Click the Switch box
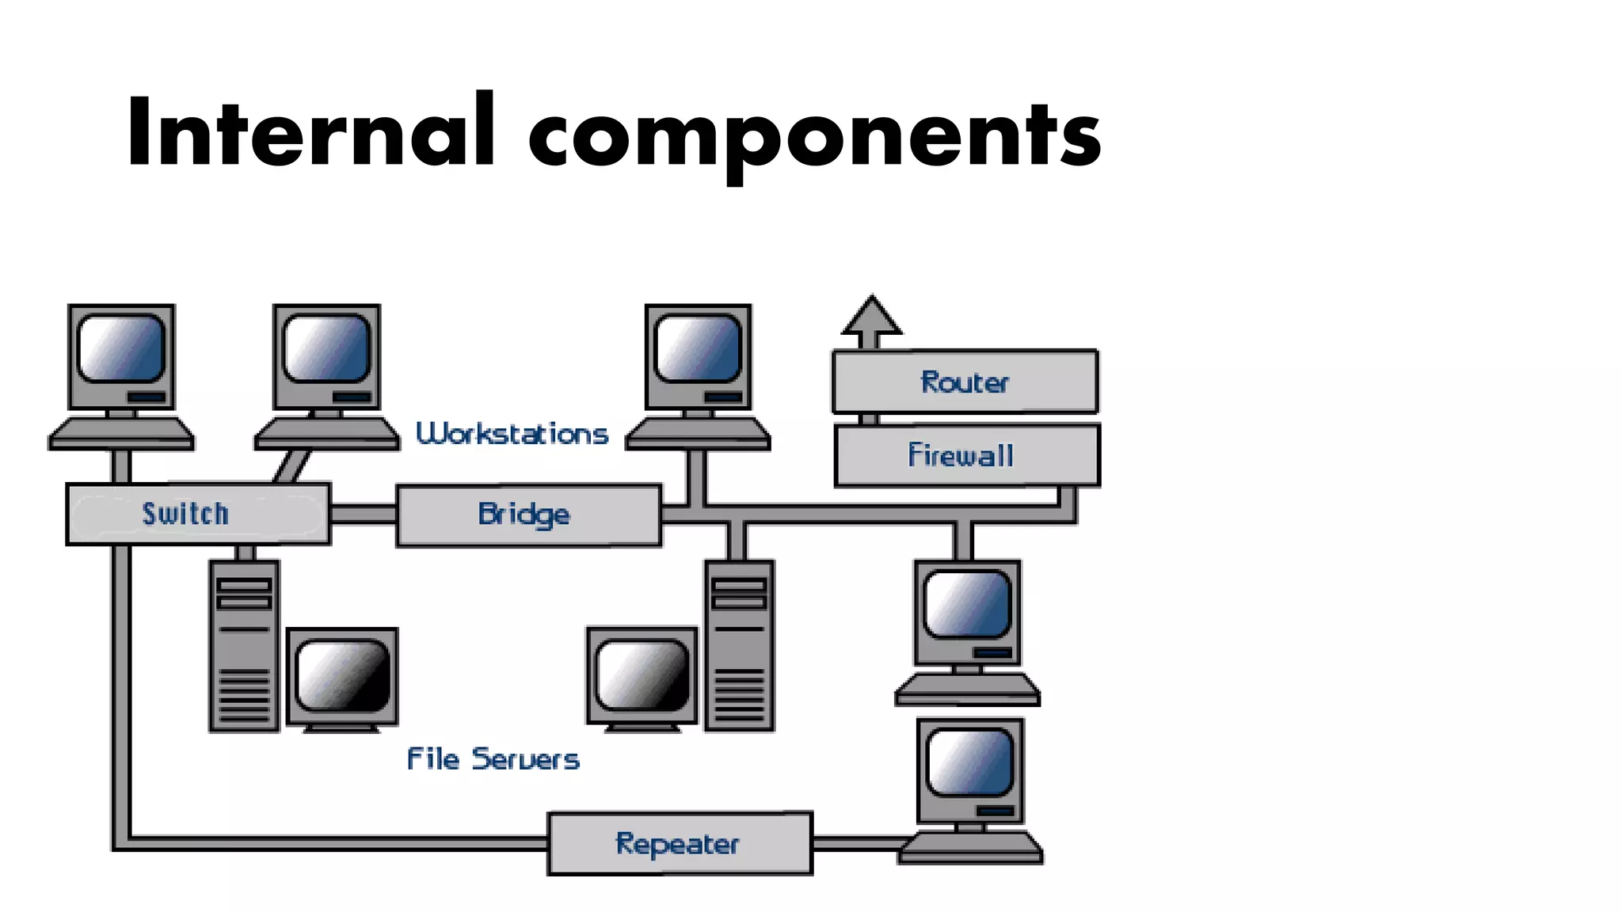pos(198,514)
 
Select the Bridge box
pos(528,515)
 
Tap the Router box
pos(965,382)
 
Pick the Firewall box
pos(966,455)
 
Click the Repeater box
pos(680,843)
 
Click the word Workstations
pos(512,434)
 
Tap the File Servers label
pos(493,758)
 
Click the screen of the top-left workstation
pos(121,348)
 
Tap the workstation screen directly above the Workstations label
pos(327,348)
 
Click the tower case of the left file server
pos(244,645)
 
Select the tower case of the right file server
pos(739,645)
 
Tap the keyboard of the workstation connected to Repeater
pos(970,848)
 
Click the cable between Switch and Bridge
pos(363,515)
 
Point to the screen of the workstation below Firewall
pos(967,604)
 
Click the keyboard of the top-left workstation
pos(121,434)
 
